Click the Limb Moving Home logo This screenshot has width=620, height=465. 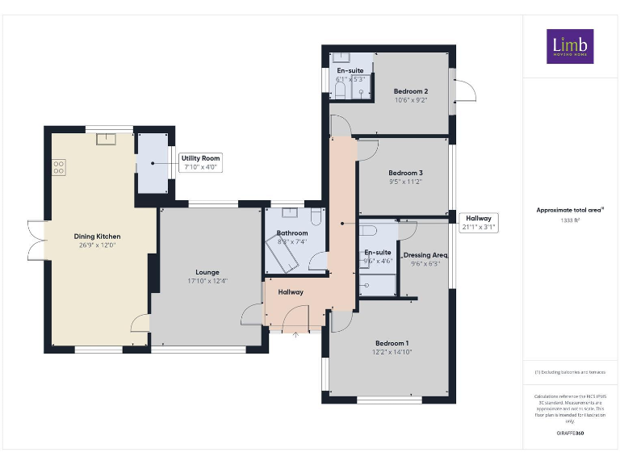click(569, 47)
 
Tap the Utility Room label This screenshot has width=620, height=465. click(200, 158)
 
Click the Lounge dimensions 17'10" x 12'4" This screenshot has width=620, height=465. click(207, 281)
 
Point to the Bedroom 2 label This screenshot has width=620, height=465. click(411, 91)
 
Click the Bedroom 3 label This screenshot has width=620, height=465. click(405, 173)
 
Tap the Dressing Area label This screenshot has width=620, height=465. click(425, 255)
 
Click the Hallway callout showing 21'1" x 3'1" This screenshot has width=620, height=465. click(478, 222)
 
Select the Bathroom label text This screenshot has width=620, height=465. click(291, 233)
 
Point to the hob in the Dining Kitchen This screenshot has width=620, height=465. click(59, 168)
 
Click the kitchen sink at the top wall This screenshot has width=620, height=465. click(107, 139)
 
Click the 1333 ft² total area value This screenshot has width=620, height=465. click(570, 220)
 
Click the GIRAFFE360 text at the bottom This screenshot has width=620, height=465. click(570, 434)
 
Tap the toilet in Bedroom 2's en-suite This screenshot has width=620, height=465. click(340, 92)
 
